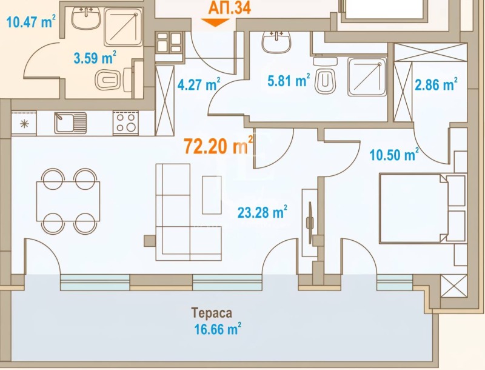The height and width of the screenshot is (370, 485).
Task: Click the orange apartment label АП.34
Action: pyautogui.click(x=229, y=7)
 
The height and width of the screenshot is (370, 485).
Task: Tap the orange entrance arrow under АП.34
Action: pyautogui.click(x=215, y=22)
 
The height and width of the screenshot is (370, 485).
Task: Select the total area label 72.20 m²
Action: pyautogui.click(x=218, y=146)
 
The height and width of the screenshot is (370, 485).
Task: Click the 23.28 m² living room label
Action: pyautogui.click(x=263, y=212)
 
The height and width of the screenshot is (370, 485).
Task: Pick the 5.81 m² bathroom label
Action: pyautogui.click(x=289, y=81)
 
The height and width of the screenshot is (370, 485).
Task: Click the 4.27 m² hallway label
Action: pyautogui.click(x=199, y=84)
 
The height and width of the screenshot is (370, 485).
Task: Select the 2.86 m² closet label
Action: pyautogui.click(x=436, y=84)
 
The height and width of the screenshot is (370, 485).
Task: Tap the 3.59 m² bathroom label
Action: pyautogui.click(x=95, y=58)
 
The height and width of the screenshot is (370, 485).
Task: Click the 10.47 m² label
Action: pyautogui.click(x=31, y=22)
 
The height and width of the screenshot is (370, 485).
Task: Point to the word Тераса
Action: pyautogui.click(x=212, y=313)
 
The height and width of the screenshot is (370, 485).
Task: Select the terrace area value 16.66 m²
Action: pyautogui.click(x=218, y=329)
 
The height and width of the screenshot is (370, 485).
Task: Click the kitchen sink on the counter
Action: pyautogui.click(x=70, y=123)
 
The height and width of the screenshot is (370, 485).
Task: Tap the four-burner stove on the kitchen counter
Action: pyautogui.click(x=125, y=123)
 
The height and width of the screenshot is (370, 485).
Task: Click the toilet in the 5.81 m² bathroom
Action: pyautogui.click(x=325, y=75)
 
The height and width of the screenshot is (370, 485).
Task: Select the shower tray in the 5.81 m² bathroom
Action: pyautogui.click(x=367, y=76)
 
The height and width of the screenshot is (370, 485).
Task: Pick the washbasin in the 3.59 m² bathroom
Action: pyautogui.click(x=86, y=18)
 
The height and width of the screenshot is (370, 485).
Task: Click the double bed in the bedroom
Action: pyautogui.click(x=423, y=208)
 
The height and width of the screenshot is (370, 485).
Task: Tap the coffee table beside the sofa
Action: pyautogui.click(x=212, y=195)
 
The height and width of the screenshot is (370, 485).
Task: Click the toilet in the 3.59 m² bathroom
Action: pyautogui.click(x=113, y=80)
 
